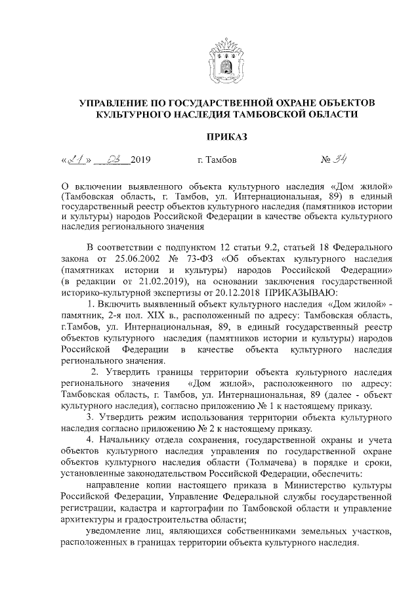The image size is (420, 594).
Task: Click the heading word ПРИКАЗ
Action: (x=226, y=137)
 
